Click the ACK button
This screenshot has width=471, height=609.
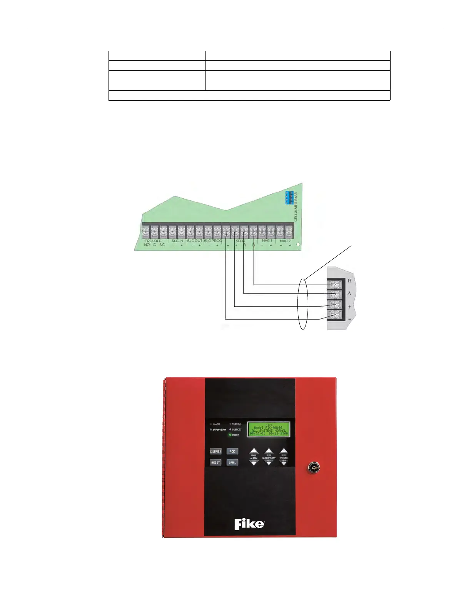[232, 451]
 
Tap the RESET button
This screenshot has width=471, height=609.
[215, 462]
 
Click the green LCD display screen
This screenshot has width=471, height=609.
[269, 429]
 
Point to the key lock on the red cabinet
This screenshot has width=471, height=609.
[313, 468]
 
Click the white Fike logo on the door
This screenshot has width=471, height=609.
[249, 524]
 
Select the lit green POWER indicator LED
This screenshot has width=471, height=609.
[230, 435]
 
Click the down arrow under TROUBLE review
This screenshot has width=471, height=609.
[284, 463]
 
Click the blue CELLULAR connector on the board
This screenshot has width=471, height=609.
[289, 197]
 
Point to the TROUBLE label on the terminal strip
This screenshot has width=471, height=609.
[153, 241]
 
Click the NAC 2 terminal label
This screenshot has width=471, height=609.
[285, 241]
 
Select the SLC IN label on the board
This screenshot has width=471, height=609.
[177, 241]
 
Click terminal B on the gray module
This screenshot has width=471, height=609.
[334, 285]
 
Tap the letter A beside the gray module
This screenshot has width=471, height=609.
[349, 294]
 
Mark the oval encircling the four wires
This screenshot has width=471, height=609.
[303, 304]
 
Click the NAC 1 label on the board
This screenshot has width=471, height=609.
[267, 241]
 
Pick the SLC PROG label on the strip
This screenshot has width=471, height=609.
[212, 241]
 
